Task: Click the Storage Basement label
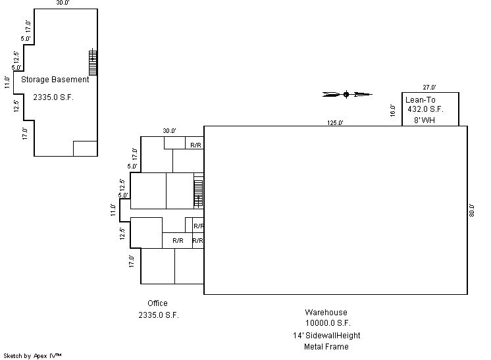pos(55,80)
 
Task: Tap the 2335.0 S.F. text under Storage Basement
pos(53,97)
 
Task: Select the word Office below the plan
pos(157,303)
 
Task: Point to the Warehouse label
pos(326,312)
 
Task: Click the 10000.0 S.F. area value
pos(328,322)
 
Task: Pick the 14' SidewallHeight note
pos(326,336)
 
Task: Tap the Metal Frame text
pos(326,347)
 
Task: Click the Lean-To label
pos(420,100)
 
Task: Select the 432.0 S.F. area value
pos(425,109)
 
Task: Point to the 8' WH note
pos(425,120)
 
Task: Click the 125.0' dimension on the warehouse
pos(335,122)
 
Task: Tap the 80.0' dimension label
pos(472,210)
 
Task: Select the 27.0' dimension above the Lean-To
pos(429,88)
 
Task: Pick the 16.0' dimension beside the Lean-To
pos(393,111)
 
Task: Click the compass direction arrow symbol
pos(348,94)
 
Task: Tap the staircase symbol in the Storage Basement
pos(93,62)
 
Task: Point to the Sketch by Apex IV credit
pos(32,356)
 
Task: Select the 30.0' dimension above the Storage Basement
pos(63,3)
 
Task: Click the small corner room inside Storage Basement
pos(85,148)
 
